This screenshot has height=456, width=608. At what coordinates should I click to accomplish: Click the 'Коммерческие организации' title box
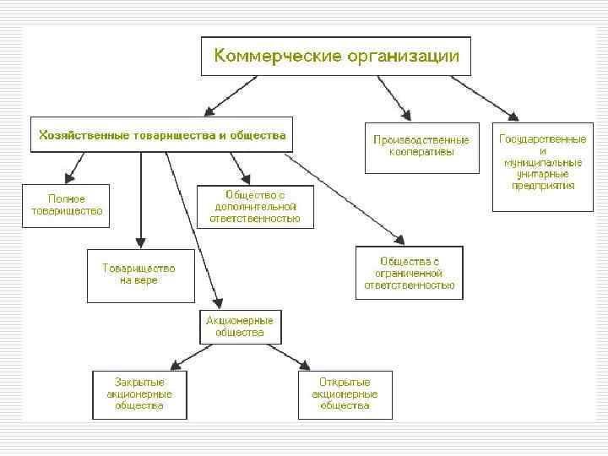click(x=335, y=56)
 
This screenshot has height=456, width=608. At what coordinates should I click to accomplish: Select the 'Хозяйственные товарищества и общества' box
click(x=161, y=134)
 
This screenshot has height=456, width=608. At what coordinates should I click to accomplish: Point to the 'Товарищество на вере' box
click(x=139, y=274)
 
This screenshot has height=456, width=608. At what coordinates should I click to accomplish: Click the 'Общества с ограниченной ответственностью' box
click(x=410, y=273)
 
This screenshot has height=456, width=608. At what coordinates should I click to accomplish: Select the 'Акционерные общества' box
click(x=240, y=327)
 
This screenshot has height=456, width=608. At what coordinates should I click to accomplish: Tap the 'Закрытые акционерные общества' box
click(x=140, y=394)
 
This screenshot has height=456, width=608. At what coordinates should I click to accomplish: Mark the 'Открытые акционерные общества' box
click(x=345, y=394)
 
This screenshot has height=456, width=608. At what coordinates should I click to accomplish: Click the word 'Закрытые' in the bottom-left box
click(x=140, y=383)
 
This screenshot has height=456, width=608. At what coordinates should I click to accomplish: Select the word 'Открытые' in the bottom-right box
click(x=345, y=383)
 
